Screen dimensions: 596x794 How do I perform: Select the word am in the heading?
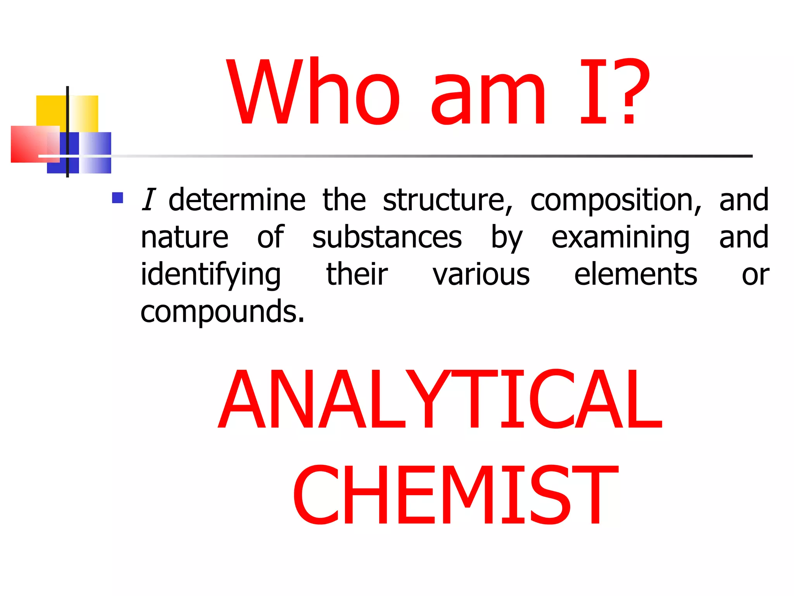(488, 99)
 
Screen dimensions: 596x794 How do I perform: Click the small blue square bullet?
(117, 198)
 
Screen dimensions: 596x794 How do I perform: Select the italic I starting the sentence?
(148, 200)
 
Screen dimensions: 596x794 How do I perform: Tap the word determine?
(237, 200)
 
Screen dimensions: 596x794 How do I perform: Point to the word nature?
(185, 237)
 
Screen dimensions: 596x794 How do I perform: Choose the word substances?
(387, 237)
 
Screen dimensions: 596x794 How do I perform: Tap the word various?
(481, 275)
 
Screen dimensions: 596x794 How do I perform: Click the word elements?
(635, 275)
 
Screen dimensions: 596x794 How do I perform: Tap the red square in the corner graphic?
(29, 144)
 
